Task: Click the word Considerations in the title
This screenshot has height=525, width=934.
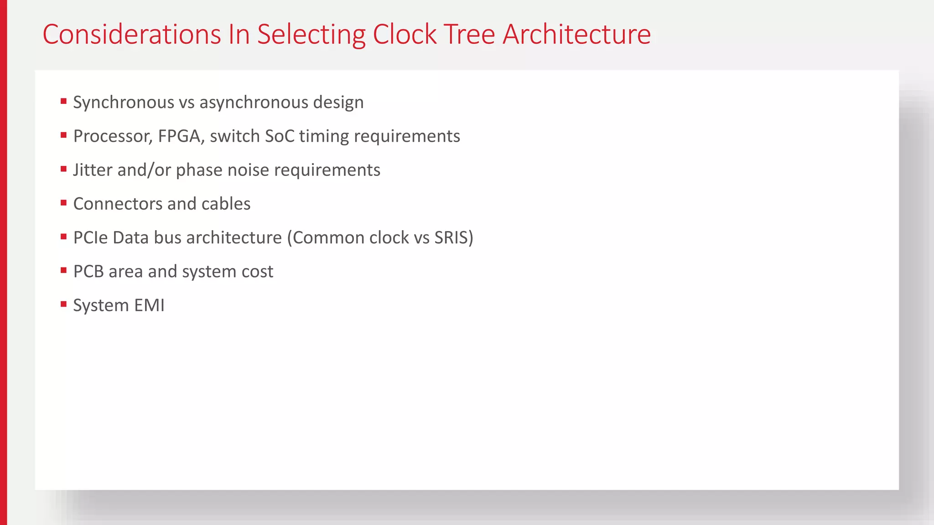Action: click(x=132, y=35)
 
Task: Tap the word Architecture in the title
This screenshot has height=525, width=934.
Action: click(x=576, y=35)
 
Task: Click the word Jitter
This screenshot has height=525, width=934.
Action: click(x=93, y=170)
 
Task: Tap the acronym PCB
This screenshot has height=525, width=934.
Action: click(x=88, y=272)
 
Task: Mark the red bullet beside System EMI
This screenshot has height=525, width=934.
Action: click(x=63, y=304)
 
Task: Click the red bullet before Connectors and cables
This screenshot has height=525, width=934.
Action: click(x=63, y=202)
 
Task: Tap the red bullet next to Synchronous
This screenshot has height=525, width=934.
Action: click(x=63, y=101)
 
